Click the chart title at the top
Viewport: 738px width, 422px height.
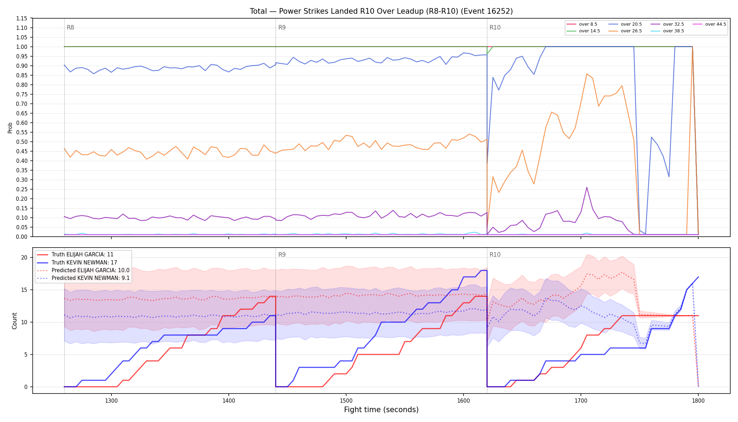[381, 11]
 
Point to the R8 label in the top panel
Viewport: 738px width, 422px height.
[70, 27]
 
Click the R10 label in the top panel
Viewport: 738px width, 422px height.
[495, 27]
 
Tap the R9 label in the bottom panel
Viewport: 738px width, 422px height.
[282, 255]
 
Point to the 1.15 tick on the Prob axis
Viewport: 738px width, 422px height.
[22, 18]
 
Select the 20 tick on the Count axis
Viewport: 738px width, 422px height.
[24, 257]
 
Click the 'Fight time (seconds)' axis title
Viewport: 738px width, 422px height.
[381, 410]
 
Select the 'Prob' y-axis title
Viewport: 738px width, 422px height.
[10, 128]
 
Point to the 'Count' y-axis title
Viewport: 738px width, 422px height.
[14, 321]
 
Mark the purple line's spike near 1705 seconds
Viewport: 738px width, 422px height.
[587, 187]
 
